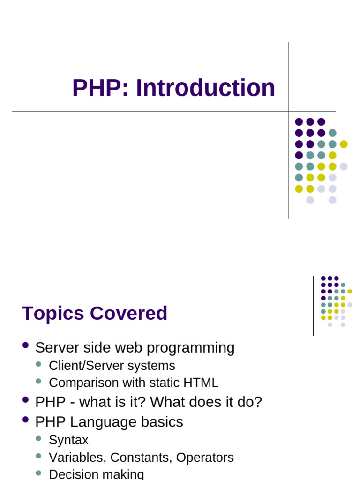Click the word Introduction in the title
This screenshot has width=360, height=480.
205,88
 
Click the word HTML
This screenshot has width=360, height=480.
202,382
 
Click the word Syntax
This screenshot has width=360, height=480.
68,440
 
